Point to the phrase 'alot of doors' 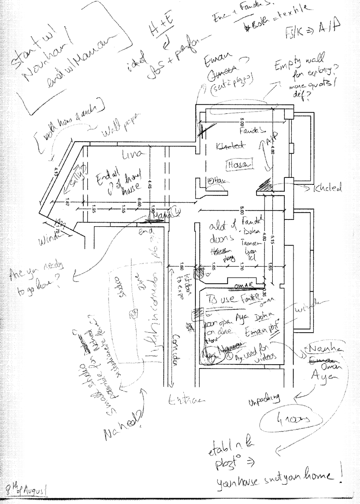pyautogui.click(x=221, y=233)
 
